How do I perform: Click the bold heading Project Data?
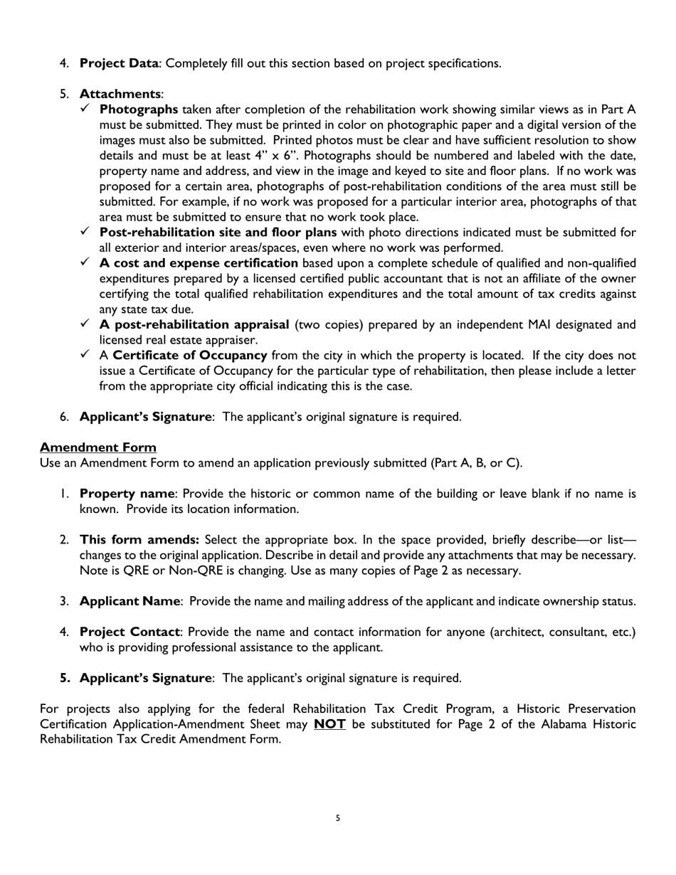click(x=119, y=63)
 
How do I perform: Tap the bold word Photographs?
click(x=139, y=110)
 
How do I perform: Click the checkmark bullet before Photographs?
click(x=85, y=109)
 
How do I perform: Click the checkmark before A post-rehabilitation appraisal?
click(x=85, y=324)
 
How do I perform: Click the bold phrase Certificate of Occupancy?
click(x=190, y=356)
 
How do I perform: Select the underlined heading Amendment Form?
click(x=98, y=447)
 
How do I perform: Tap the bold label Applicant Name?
click(x=130, y=601)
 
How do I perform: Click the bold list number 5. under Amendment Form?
click(x=65, y=678)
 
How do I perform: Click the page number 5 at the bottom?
click(x=338, y=818)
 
